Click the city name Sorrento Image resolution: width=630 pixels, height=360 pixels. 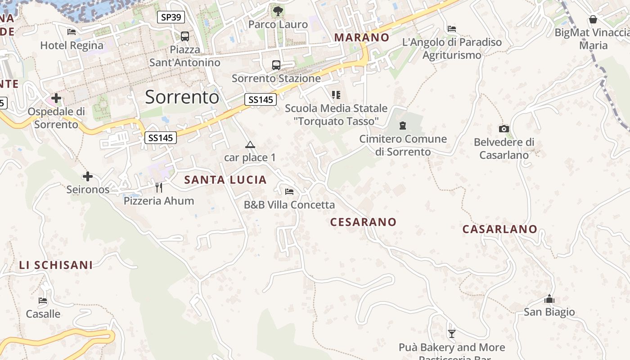[182, 97]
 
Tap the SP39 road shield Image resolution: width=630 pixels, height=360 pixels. [171, 18]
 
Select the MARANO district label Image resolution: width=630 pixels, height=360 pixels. [361, 37]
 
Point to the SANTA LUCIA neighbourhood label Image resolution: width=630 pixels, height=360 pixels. [225, 180]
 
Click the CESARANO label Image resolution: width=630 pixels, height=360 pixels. [363, 222]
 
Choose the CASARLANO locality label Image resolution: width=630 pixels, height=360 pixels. [499, 229]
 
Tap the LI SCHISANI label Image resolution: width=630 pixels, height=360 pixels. [56, 265]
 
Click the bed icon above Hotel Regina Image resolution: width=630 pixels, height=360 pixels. [72, 31]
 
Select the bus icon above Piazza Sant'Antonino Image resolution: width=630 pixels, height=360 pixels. [184, 36]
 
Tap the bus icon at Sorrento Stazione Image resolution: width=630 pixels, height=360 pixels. [276, 65]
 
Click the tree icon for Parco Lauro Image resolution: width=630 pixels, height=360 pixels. [278, 10]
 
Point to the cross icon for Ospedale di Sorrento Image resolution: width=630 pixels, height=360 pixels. [56, 98]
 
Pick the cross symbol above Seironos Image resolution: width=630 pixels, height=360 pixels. [88, 176]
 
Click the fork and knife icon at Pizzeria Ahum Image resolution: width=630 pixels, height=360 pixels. [158, 187]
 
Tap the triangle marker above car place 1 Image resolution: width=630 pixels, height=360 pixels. [250, 144]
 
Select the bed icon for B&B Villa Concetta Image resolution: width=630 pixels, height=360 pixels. [289, 192]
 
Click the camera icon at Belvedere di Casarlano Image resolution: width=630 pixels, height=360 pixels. [504, 129]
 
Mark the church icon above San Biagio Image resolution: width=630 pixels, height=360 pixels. [549, 299]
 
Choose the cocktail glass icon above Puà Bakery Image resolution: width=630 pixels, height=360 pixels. [452, 333]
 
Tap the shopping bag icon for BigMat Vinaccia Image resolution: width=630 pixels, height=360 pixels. [593, 19]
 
